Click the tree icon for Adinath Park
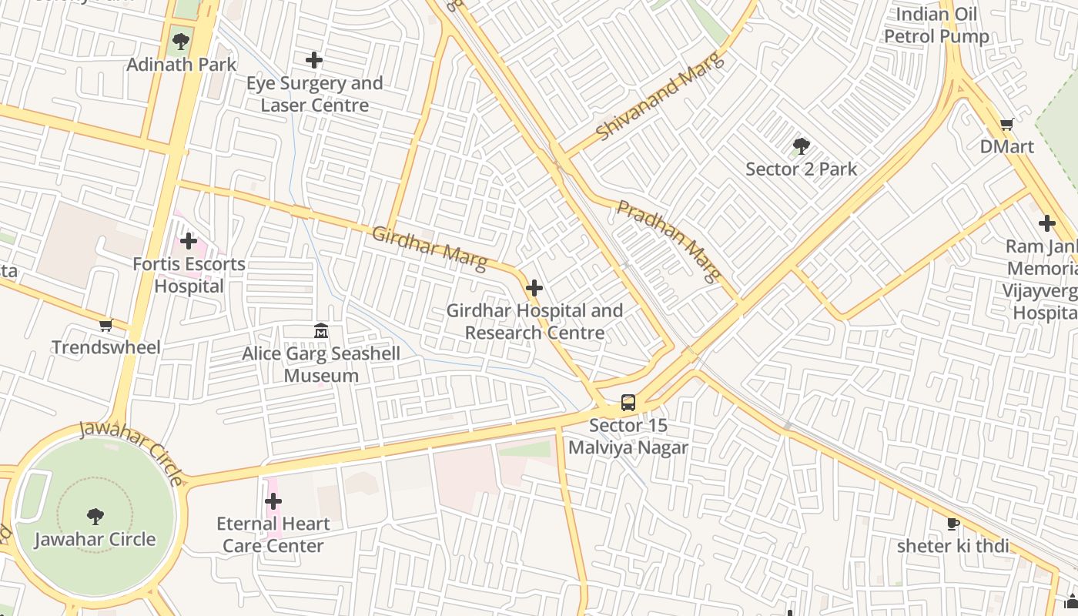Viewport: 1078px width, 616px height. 181,42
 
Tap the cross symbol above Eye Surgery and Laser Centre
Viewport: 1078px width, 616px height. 314,59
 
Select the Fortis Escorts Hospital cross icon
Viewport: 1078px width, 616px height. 189,242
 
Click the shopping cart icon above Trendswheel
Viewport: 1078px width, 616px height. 105,325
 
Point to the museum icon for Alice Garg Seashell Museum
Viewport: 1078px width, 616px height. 321,331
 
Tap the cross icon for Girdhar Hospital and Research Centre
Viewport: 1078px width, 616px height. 534,289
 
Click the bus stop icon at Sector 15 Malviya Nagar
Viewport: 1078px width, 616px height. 628,403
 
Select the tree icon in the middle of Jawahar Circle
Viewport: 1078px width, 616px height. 95,516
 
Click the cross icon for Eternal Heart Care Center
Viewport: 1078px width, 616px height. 273,501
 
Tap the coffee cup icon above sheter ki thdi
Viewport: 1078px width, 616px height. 952,524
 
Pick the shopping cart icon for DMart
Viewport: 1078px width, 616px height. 1006,124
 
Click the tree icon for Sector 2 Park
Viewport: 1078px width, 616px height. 801,146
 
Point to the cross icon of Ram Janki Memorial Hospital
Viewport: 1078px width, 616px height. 1046,223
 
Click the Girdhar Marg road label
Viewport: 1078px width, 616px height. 429,248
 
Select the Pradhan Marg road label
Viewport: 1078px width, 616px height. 669,239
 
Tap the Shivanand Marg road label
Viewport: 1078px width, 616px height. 661,96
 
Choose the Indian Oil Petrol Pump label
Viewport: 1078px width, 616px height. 936,25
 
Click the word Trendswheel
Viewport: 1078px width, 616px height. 106,347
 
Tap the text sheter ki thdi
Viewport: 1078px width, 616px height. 952,546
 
